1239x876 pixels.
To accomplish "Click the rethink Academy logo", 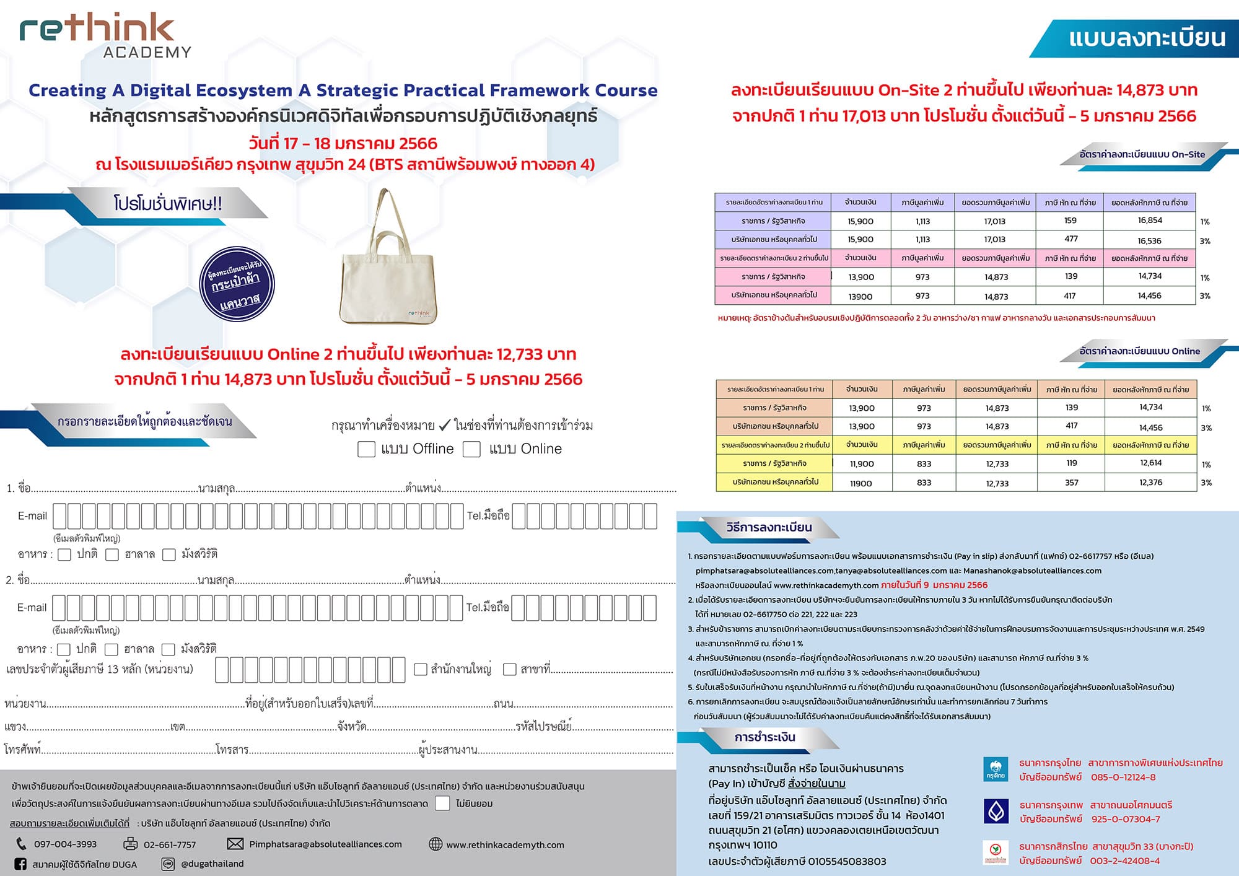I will (105, 36).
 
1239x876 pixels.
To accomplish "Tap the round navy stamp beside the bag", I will (237, 284).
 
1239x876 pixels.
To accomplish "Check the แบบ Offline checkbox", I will (366, 449).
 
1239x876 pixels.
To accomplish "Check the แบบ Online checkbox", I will (471, 449).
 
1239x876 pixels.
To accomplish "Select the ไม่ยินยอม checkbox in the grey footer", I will (442, 804).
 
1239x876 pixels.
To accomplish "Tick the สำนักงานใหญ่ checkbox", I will (421, 669).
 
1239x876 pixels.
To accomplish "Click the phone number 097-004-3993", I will (65, 844).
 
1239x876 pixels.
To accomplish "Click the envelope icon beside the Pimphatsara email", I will (235, 844).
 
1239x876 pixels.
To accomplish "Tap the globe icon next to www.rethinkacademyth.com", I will (436, 844).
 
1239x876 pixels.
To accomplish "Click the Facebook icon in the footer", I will (20, 864).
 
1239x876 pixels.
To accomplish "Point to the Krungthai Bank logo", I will (996, 769).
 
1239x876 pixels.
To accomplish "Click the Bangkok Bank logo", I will (996, 811).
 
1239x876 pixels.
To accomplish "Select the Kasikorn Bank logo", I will (996, 853).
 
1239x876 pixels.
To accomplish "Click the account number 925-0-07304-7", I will (1126, 819).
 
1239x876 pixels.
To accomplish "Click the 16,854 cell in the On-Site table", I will (1150, 221).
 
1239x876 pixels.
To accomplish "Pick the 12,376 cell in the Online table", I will (1150, 483).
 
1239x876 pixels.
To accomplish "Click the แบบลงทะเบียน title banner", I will (1146, 38).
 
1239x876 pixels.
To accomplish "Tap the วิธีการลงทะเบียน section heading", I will (769, 528).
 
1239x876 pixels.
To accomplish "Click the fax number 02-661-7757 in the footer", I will (170, 844).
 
